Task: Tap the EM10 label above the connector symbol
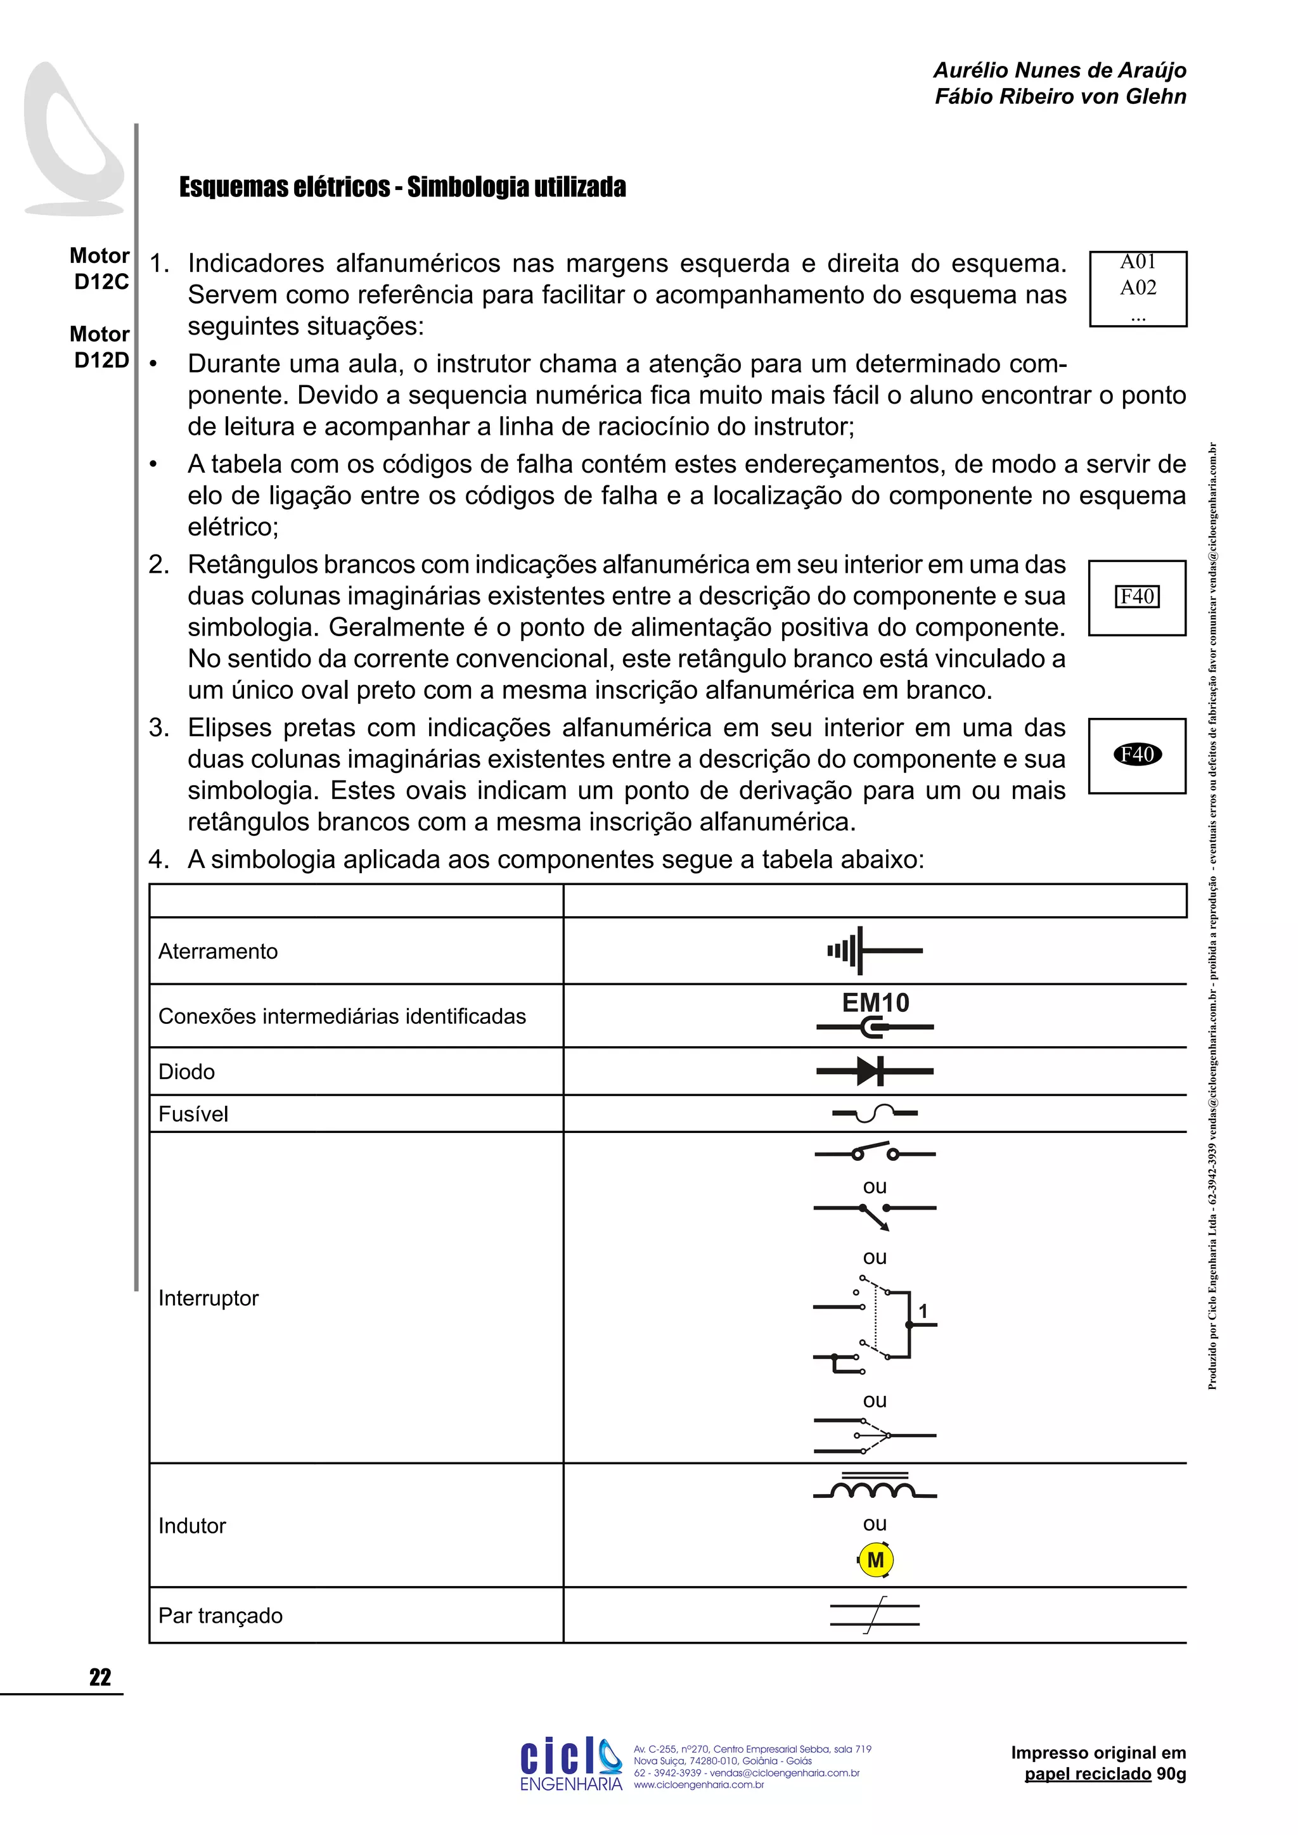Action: (875, 1002)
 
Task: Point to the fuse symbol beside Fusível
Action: (875, 1113)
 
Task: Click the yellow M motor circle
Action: (875, 1559)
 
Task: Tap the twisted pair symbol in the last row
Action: (875, 1614)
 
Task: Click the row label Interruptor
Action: (209, 1298)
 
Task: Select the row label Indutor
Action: (192, 1526)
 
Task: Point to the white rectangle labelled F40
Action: (1138, 596)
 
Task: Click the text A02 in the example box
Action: (1138, 288)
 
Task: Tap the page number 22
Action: (100, 1677)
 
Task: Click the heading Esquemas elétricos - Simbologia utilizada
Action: (402, 187)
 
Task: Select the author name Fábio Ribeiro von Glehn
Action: (1060, 97)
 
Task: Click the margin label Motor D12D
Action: (101, 347)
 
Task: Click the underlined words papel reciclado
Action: (1088, 1774)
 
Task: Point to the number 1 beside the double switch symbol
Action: (923, 1312)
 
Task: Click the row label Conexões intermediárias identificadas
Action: (342, 1016)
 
